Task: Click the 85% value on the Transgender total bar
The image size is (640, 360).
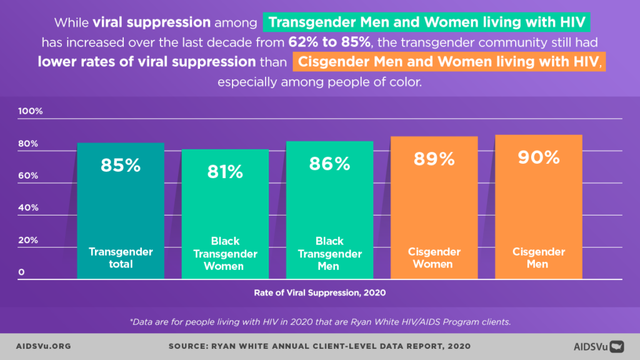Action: [121, 166]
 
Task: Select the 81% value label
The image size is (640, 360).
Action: [225, 172]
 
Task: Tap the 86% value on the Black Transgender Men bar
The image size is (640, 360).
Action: [329, 164]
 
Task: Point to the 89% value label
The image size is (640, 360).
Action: [434, 159]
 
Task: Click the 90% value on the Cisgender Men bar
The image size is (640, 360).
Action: [538, 157]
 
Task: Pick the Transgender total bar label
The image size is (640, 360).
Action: [121, 257]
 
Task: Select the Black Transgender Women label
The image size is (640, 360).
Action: [225, 254]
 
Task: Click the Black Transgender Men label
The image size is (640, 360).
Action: [329, 254]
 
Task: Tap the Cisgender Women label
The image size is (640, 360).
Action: [434, 257]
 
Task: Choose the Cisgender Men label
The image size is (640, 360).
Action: [538, 257]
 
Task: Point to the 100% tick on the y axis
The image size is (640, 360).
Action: [30, 111]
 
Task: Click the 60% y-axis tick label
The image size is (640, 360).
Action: [27, 176]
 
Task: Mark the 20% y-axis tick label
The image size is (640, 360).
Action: [27, 240]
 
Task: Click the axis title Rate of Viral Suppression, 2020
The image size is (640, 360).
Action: [319, 292]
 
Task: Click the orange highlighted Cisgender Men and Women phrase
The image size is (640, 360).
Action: [448, 62]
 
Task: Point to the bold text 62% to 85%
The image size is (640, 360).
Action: [331, 43]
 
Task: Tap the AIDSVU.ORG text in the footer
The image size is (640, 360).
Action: [42, 346]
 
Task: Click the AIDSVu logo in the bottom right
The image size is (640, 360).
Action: [598, 346]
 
